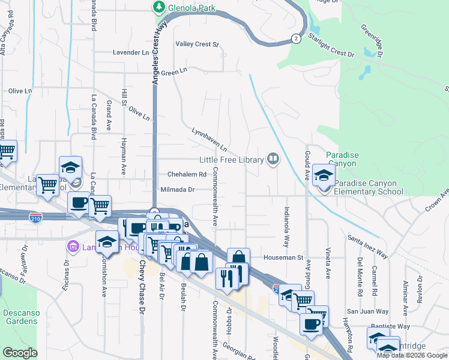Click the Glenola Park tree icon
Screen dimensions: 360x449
[x=159, y=7]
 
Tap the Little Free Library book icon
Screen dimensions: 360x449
[x=273, y=160]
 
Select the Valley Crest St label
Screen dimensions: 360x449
[x=197, y=44]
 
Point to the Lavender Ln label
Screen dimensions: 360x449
[x=130, y=53]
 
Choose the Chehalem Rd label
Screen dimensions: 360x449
[x=187, y=175]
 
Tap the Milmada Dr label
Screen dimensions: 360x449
[x=178, y=190]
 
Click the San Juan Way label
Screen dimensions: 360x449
[x=367, y=311]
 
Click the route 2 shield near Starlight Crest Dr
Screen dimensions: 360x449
[x=296, y=38]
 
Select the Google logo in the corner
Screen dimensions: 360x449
[x=20, y=353]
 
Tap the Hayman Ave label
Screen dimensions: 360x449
[x=122, y=162]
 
